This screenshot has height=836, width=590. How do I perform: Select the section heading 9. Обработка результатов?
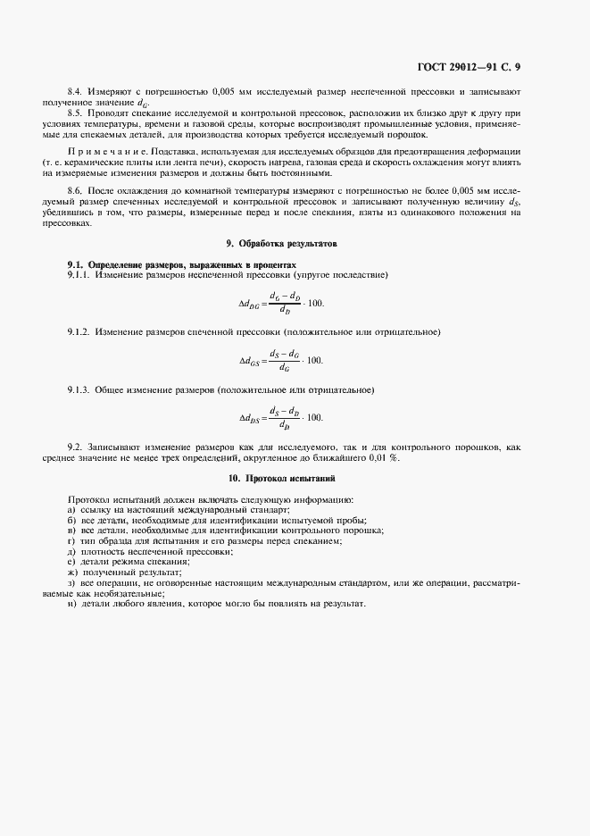(295, 243)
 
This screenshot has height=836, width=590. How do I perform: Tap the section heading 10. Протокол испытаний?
(294, 479)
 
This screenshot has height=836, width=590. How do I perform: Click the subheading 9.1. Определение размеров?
(181, 264)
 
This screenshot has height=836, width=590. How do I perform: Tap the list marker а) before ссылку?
(71, 508)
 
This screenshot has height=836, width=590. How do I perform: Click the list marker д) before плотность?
(71, 551)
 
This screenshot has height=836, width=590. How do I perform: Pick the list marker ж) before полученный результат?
(72, 572)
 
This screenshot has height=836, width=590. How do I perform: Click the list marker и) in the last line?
(71, 604)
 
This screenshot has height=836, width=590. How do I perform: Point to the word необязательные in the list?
(113, 593)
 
